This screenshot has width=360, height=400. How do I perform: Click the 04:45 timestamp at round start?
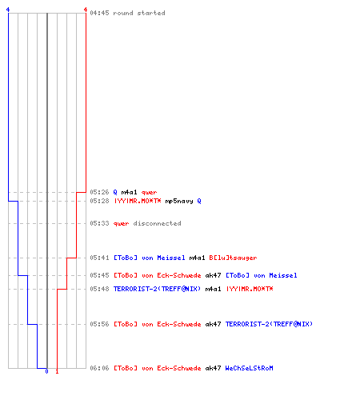[99, 13]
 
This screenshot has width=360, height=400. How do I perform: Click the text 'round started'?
[139, 13]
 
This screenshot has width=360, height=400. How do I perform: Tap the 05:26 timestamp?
[99, 192]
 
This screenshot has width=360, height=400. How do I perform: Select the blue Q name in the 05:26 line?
[115, 192]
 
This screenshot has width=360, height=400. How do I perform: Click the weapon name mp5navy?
[179, 201]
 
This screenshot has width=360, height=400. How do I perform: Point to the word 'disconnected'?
[157, 223]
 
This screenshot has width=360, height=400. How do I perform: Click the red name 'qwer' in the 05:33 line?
[121, 223]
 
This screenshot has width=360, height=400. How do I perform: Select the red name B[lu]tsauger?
[233, 258]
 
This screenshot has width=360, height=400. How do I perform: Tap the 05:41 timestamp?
[99, 258]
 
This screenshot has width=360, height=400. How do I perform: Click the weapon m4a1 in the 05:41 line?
[197, 258]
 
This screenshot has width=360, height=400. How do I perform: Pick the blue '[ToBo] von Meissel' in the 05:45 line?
[262, 275]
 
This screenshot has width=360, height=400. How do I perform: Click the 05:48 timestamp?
[99, 289]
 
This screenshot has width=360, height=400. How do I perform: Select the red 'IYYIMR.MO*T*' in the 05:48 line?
[250, 289]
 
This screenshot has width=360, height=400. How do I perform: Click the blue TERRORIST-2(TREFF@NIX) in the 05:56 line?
[269, 324]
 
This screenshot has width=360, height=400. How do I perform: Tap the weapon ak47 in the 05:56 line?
[213, 324]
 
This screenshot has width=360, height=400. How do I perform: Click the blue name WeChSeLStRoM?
[250, 368]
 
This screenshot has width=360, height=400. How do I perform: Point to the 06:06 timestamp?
[99, 368]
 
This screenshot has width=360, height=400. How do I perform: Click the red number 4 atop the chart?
[86, 10]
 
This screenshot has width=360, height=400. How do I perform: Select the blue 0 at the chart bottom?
[46, 371]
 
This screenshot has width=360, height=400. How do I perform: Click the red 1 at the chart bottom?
[57, 371]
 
